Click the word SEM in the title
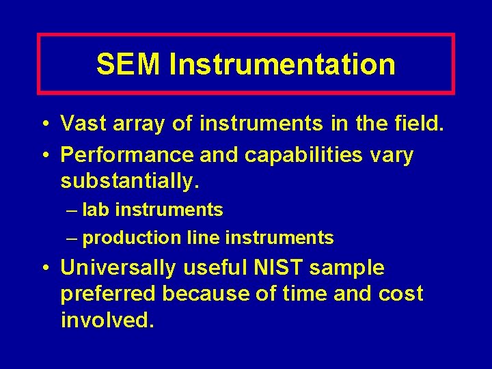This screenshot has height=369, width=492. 129,64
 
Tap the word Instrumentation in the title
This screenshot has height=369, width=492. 282,64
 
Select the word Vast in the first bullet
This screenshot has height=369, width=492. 85,124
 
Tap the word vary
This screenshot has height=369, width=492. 391,155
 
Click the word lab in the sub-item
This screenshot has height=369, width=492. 94,210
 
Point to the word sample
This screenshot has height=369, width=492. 347,268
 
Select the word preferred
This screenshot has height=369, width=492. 108,294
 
